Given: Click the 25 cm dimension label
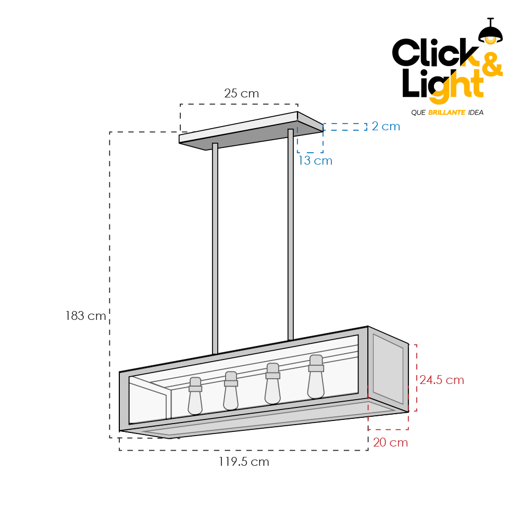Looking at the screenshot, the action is point(242,93).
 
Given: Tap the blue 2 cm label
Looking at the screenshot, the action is point(386,126).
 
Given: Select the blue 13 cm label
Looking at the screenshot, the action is point(315,160).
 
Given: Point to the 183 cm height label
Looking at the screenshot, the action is point(86,316).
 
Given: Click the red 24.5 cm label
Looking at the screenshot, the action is point(442,380).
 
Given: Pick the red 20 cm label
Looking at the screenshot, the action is point(390,442).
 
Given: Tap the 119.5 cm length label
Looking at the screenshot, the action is point(244,462).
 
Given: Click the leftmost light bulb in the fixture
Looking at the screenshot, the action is point(195,396).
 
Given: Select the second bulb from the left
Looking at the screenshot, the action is point(231,391).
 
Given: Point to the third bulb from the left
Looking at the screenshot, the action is point(273,383).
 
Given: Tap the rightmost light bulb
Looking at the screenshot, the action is point(316,377).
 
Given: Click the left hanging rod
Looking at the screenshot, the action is point(215,249).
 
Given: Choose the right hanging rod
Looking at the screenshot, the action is point(291,234).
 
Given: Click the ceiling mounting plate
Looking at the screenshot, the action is point(251,131).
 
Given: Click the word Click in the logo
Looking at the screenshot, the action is point(435,53).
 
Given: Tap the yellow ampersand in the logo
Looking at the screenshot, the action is point(491,65).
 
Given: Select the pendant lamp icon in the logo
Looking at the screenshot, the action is point(490,31).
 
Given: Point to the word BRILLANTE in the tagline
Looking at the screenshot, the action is point(446,113).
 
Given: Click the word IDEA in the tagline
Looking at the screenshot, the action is point(476,113).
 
